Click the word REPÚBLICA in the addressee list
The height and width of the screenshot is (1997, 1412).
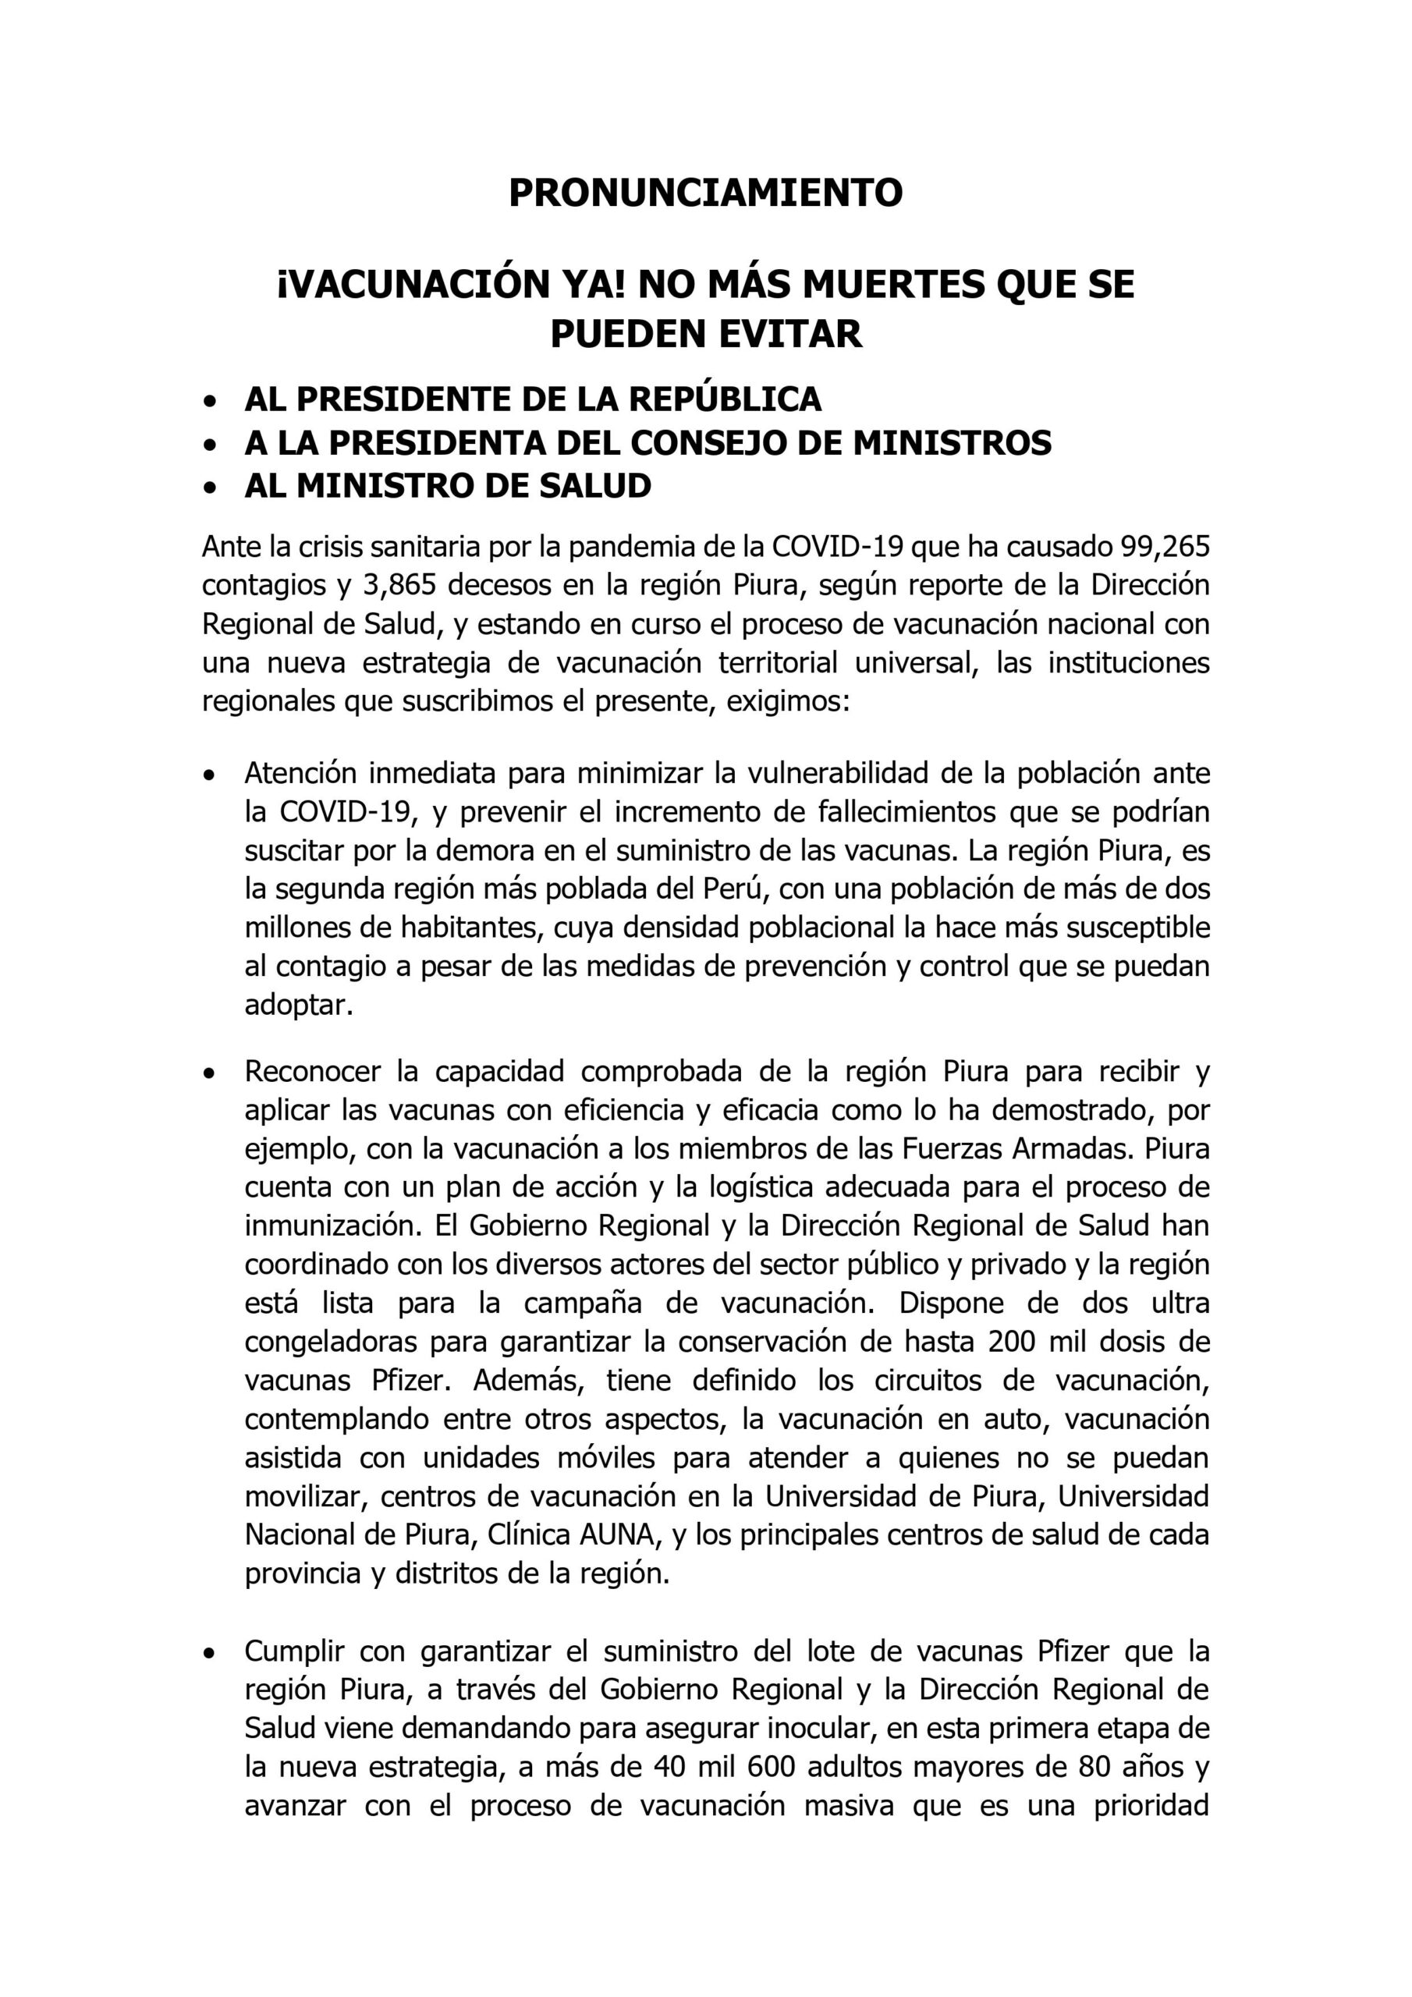tap(725, 399)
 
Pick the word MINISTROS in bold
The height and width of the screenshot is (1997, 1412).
tap(952, 443)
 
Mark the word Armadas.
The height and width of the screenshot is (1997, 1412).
tap(1073, 1148)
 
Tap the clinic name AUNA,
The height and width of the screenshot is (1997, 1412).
tap(618, 1534)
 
